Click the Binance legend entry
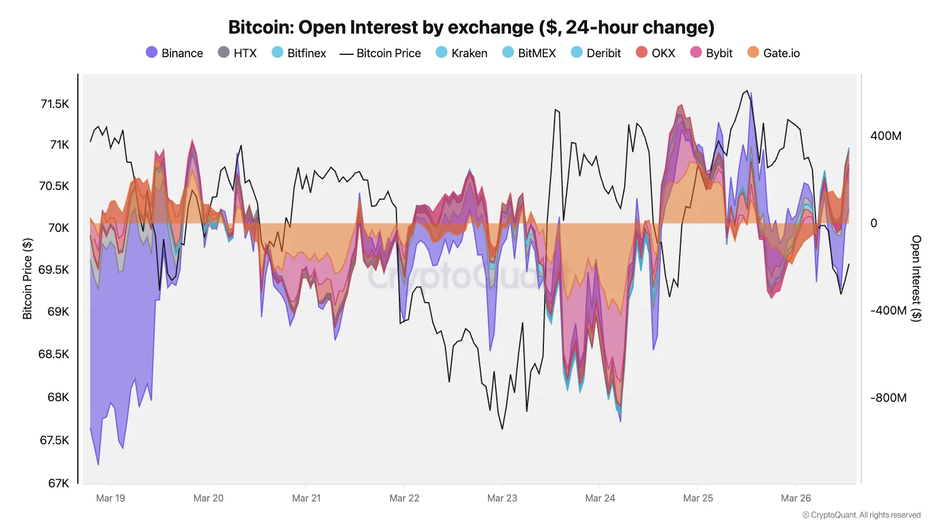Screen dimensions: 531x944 click(175, 53)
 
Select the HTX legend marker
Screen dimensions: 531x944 click(224, 53)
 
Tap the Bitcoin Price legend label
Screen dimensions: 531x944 click(388, 53)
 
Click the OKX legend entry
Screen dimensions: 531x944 click(655, 53)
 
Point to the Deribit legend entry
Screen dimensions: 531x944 click(596, 53)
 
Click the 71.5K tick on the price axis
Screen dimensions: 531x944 click(55, 104)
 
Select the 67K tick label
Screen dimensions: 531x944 click(58, 483)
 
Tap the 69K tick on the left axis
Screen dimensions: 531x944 click(58, 312)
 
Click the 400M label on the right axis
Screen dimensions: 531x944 click(886, 136)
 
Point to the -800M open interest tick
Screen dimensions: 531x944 click(888, 398)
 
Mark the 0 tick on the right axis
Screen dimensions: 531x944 click(874, 223)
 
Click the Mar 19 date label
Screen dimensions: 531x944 click(110, 498)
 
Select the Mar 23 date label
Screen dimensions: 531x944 click(502, 498)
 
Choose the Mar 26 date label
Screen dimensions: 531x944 click(796, 498)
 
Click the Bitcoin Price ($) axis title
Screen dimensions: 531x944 click(27, 278)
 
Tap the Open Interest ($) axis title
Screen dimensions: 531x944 click(916, 278)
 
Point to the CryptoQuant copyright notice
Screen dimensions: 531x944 click(861, 515)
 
